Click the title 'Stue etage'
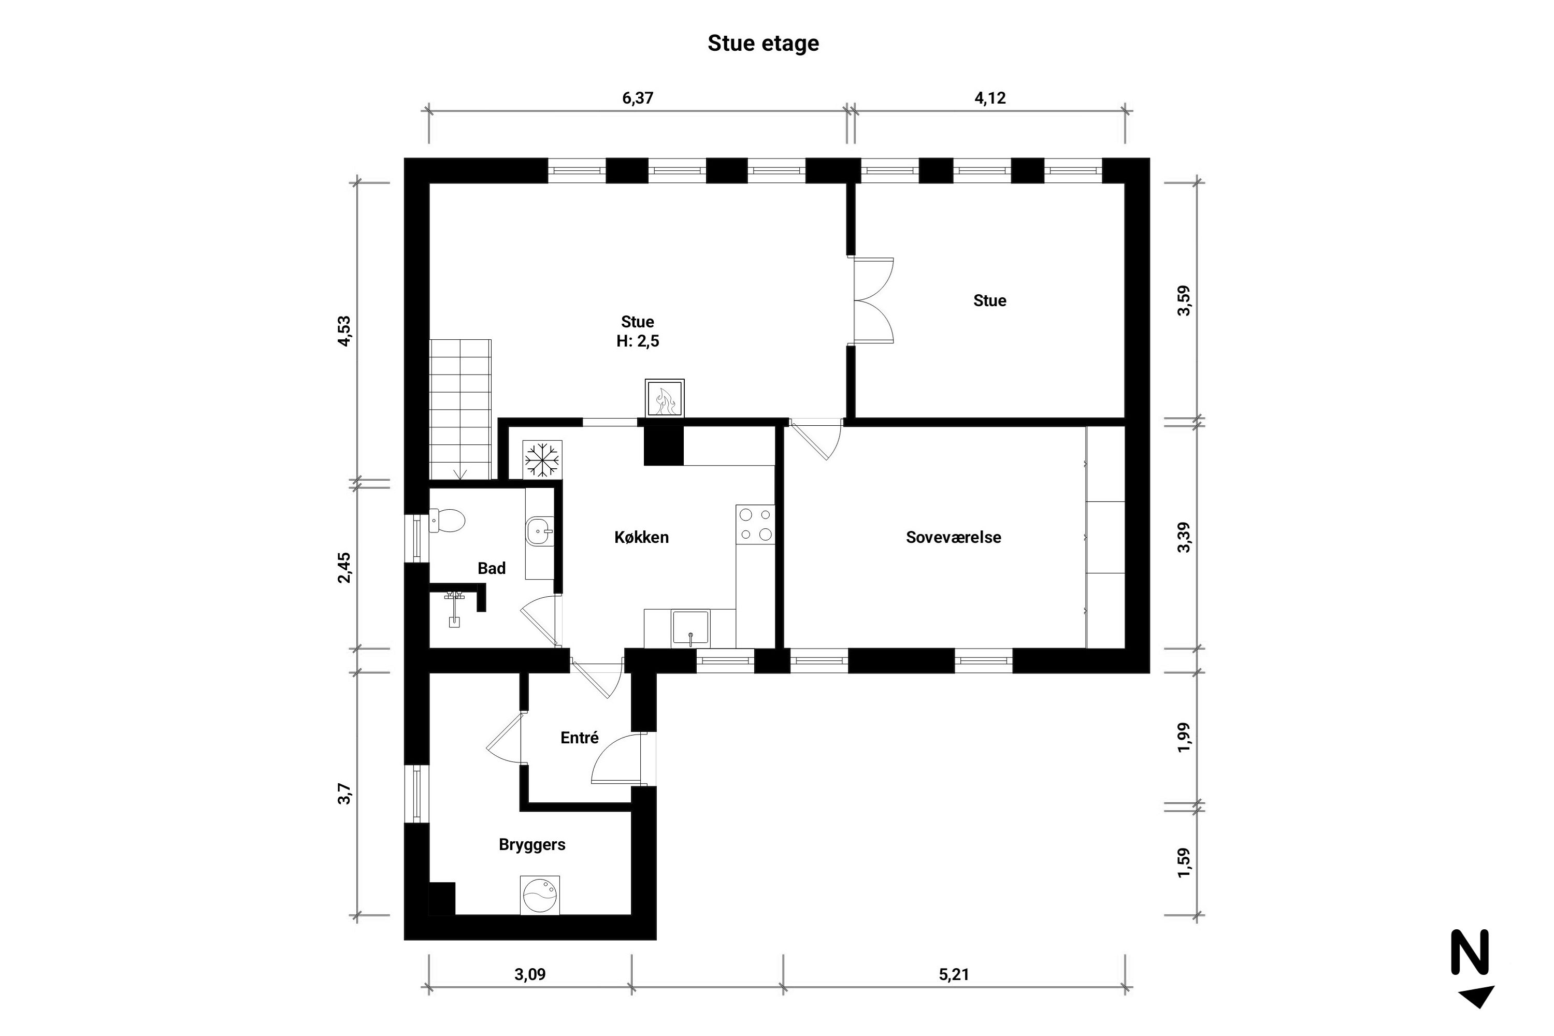[x=763, y=43]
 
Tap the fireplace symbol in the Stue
[x=665, y=398]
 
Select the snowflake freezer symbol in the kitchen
[x=542, y=458]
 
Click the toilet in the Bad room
[x=448, y=520]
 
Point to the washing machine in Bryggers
[x=540, y=895]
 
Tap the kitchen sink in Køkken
[x=690, y=628]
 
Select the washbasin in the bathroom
[x=540, y=530]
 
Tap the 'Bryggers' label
[x=532, y=844]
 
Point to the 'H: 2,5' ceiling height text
[x=638, y=341]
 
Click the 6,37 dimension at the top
[x=638, y=98]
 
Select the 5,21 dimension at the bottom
[x=954, y=974]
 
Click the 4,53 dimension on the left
[x=344, y=330]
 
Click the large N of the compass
[x=1470, y=952]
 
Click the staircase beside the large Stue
[x=461, y=408]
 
